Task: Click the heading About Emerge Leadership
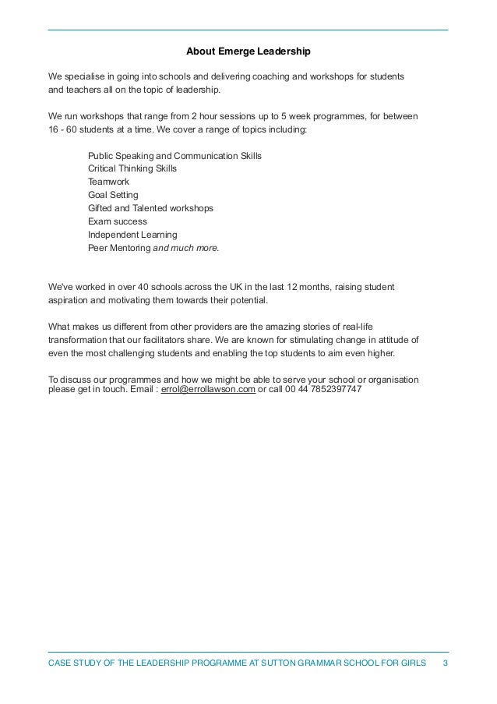(248, 52)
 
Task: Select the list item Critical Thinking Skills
(132, 168)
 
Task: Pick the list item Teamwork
(108, 182)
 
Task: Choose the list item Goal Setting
(113, 195)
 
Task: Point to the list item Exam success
(118, 221)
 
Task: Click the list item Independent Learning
(132, 235)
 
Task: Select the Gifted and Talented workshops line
(150, 208)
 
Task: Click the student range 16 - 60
(64, 129)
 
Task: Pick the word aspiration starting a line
(70, 300)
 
